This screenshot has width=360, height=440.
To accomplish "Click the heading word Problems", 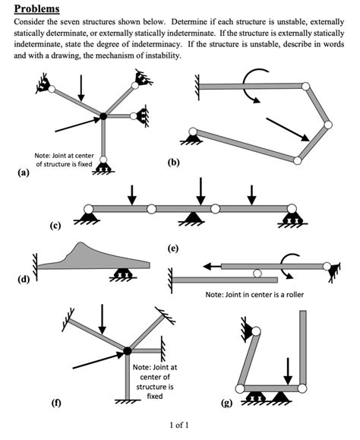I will pos(39,9).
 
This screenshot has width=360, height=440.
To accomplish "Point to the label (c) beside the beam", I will pos(55,226).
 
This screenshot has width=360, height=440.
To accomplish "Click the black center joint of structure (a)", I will pos(103,117).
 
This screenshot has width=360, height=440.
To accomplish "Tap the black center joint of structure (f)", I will pos(127,350).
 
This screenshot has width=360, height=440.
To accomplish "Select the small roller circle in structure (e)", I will pos(258,273).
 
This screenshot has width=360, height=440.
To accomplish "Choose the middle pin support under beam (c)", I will pos(200,219).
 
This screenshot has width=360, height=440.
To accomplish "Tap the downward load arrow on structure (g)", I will pos(288,372).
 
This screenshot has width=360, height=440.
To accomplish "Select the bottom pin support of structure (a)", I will pos(103,166).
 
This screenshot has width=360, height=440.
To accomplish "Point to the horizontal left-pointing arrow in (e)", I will pos(220,266).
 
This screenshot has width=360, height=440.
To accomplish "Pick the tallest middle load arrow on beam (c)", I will pos(201,190).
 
